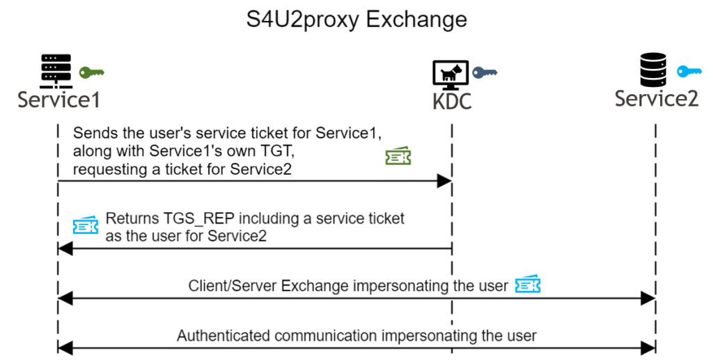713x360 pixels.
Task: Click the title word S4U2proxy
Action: tap(302, 19)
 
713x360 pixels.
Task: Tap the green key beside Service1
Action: tap(91, 72)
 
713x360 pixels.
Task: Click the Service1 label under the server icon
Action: tap(59, 100)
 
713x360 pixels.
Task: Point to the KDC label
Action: tap(452, 101)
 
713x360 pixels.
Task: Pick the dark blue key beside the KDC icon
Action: tap(485, 72)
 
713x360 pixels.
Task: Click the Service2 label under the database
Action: tap(656, 99)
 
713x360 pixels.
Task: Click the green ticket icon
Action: tap(398, 157)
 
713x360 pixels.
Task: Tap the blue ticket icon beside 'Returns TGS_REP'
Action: tap(86, 225)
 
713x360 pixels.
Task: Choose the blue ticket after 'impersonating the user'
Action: tap(528, 285)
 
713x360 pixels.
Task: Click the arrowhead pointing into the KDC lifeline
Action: tap(444, 181)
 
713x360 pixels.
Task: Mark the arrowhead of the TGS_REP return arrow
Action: tap(65, 248)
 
